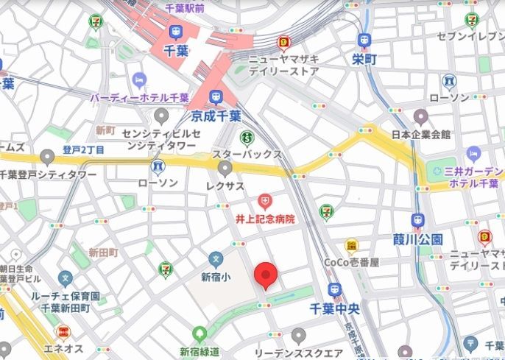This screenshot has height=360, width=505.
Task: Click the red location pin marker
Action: click(x=266, y=276)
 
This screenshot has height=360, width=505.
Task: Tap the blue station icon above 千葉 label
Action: click(x=175, y=32)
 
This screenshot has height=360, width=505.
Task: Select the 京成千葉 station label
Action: click(x=216, y=116)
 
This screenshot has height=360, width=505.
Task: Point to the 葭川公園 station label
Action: click(x=417, y=239)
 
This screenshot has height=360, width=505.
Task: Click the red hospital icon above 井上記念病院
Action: click(x=264, y=200)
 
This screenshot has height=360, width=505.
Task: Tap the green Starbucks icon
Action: click(x=247, y=138)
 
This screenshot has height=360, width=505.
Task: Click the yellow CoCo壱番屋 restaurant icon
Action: click(x=352, y=245)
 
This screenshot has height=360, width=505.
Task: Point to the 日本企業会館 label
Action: click(x=420, y=135)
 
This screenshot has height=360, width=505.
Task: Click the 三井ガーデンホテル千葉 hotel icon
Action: click(x=473, y=154)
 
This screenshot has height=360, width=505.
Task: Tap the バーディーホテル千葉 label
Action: click(x=139, y=97)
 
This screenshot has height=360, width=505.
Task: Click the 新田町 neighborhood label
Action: click(x=103, y=253)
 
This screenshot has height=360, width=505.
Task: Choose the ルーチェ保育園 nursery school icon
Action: click(x=66, y=279)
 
